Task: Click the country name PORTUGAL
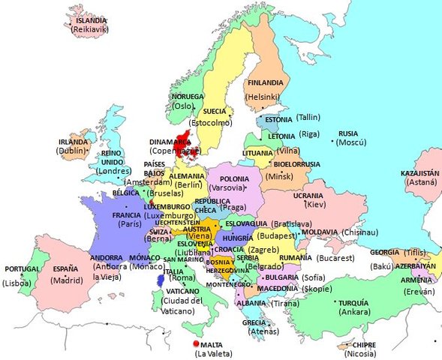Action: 22,269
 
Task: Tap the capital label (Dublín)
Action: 72,151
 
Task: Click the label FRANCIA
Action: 126,214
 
